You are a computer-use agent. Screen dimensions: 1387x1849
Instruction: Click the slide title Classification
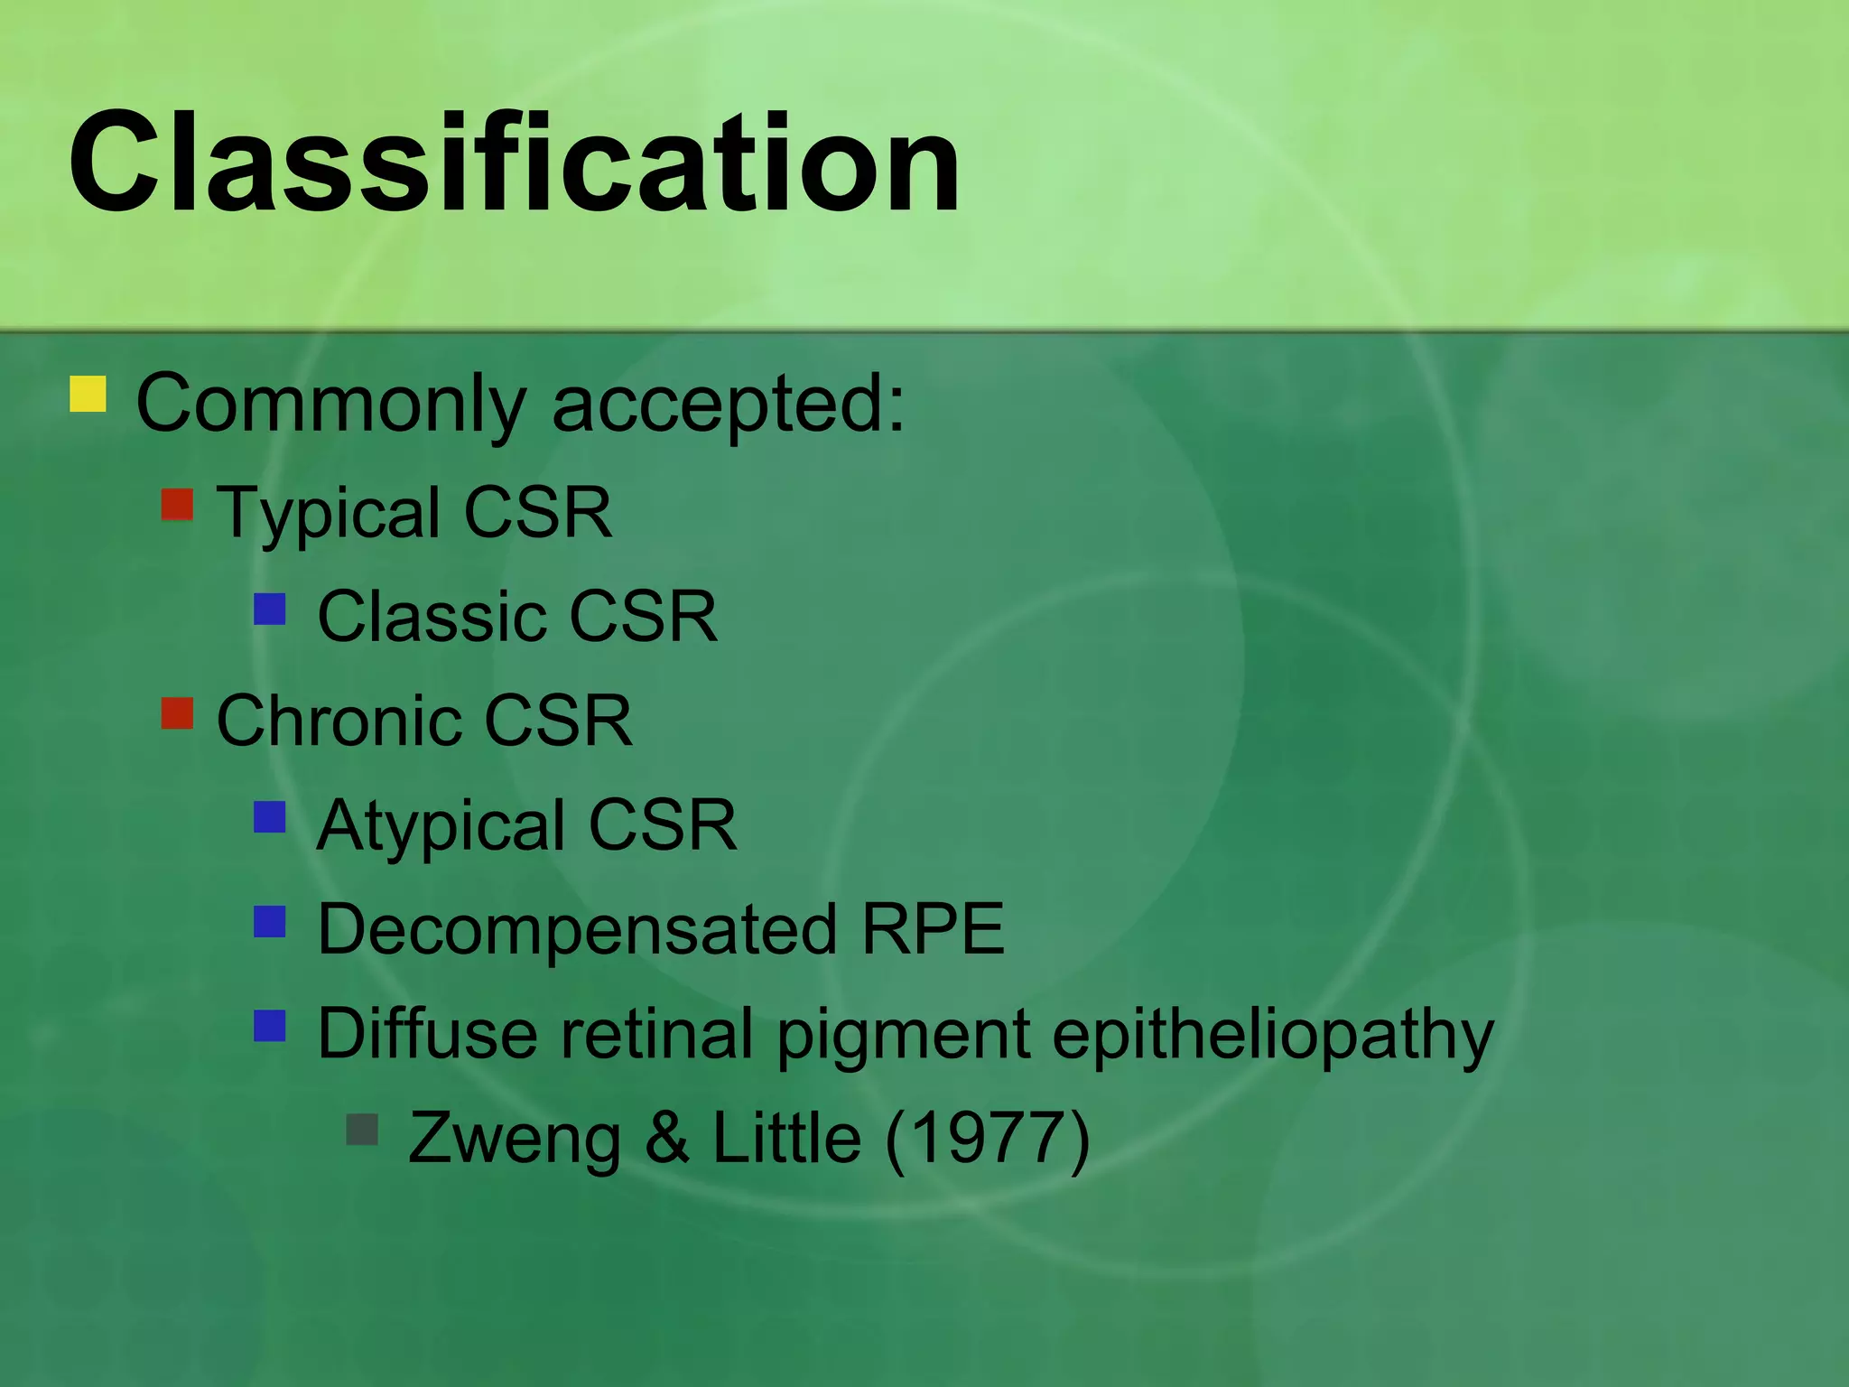tap(515, 163)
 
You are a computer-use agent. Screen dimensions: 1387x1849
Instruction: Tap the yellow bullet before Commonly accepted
tap(88, 395)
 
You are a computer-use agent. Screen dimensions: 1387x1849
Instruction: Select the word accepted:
tap(728, 404)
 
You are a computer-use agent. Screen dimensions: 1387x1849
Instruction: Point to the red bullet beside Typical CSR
tap(178, 505)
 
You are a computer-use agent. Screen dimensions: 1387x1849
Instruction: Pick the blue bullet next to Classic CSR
tap(270, 609)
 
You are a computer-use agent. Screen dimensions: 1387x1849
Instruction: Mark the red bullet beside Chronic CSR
tap(178, 712)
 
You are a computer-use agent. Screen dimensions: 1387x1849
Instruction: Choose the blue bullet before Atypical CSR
tap(270, 817)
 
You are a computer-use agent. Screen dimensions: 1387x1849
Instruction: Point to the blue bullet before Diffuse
tap(270, 1026)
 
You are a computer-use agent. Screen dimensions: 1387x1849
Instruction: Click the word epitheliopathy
tap(1273, 1035)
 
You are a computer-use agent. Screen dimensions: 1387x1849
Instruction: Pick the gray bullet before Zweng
tap(362, 1130)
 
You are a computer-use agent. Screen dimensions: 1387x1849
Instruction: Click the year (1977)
tap(988, 1138)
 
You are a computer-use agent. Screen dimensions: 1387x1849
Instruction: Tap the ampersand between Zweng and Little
tap(666, 1138)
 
